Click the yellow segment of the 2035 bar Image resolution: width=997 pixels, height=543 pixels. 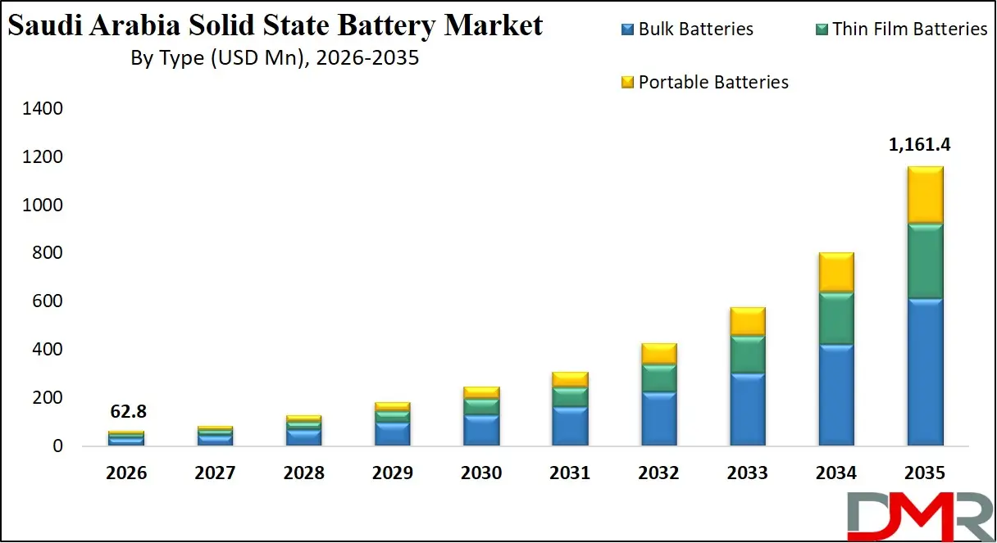pyautogui.click(x=925, y=195)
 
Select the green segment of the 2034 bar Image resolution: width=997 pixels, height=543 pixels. pyautogui.click(x=836, y=318)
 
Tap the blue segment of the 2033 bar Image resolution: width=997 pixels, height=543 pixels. pyautogui.click(x=747, y=410)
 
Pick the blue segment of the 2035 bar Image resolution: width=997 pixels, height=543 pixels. pyautogui.click(x=925, y=373)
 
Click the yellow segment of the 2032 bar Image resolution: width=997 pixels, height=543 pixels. pyautogui.click(x=658, y=354)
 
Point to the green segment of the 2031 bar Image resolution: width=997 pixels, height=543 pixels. pyautogui.click(x=570, y=397)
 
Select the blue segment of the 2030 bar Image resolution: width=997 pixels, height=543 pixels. pyautogui.click(x=481, y=430)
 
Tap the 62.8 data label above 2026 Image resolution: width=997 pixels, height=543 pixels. pyautogui.click(x=128, y=411)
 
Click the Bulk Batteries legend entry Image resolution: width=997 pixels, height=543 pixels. pyautogui.click(x=687, y=29)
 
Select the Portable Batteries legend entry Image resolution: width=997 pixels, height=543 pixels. pyautogui.click(x=704, y=82)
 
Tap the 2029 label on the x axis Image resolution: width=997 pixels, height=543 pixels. pyautogui.click(x=393, y=473)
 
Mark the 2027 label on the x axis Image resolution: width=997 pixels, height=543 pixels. pyautogui.click(x=216, y=473)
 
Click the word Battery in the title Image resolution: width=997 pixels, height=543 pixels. pyautogui.click(x=388, y=26)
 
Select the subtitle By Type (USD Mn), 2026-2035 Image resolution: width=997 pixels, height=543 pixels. pyautogui.click(x=275, y=59)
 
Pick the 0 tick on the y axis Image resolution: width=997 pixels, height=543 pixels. pyautogui.click(x=57, y=446)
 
